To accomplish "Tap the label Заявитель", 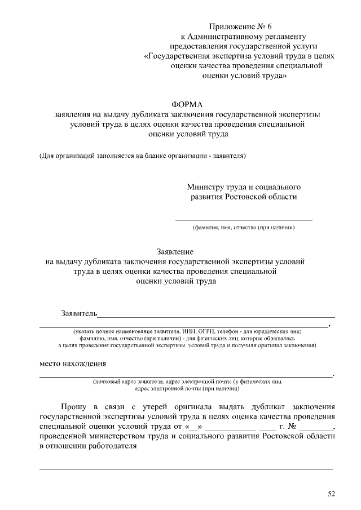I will [x=80, y=313].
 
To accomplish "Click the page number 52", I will [x=331, y=494].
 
